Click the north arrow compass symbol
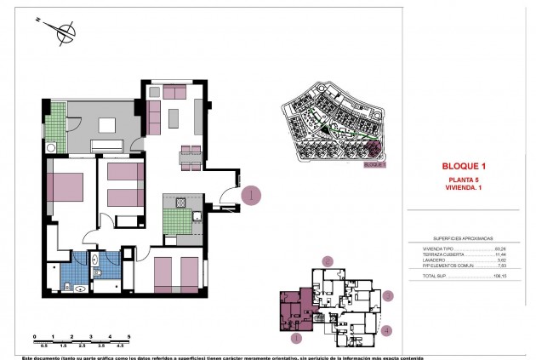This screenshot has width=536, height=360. click(62, 34)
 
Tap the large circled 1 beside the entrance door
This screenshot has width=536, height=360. click(251, 195)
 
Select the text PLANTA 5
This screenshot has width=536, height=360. click(465, 180)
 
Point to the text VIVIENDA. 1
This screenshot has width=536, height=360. click(465, 189)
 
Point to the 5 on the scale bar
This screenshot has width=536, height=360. click(128, 338)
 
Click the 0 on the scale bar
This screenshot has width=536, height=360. click(34, 338)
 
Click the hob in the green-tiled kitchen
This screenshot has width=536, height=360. click(180, 202)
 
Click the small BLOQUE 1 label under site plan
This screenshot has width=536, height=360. click(374, 165)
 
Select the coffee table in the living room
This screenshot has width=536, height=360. click(173, 117)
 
